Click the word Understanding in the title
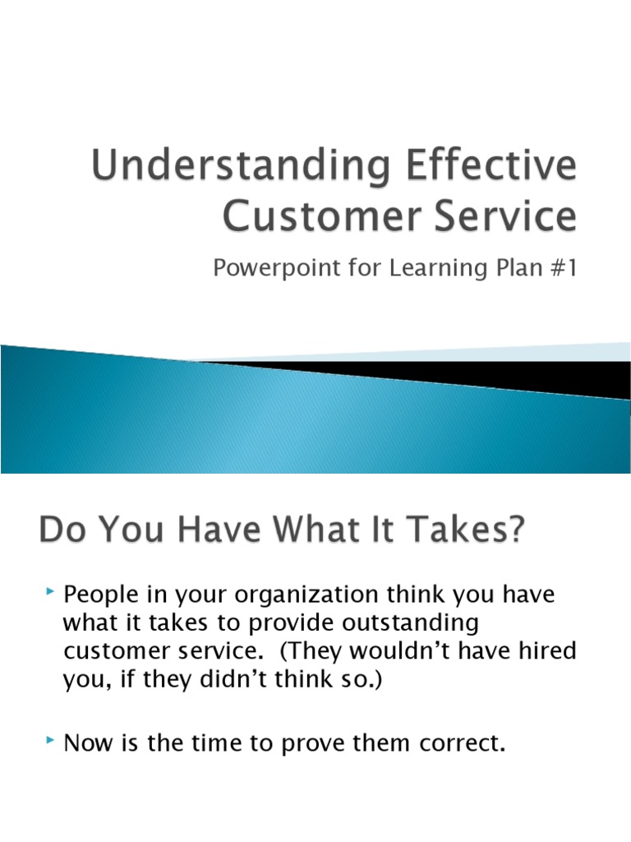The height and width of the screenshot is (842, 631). click(x=227, y=169)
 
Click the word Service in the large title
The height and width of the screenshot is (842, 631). click(x=504, y=216)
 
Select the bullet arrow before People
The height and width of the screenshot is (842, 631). click(x=51, y=591)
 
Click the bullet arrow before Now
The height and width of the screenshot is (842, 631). click(x=51, y=743)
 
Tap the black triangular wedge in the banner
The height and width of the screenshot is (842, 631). click(x=493, y=374)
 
